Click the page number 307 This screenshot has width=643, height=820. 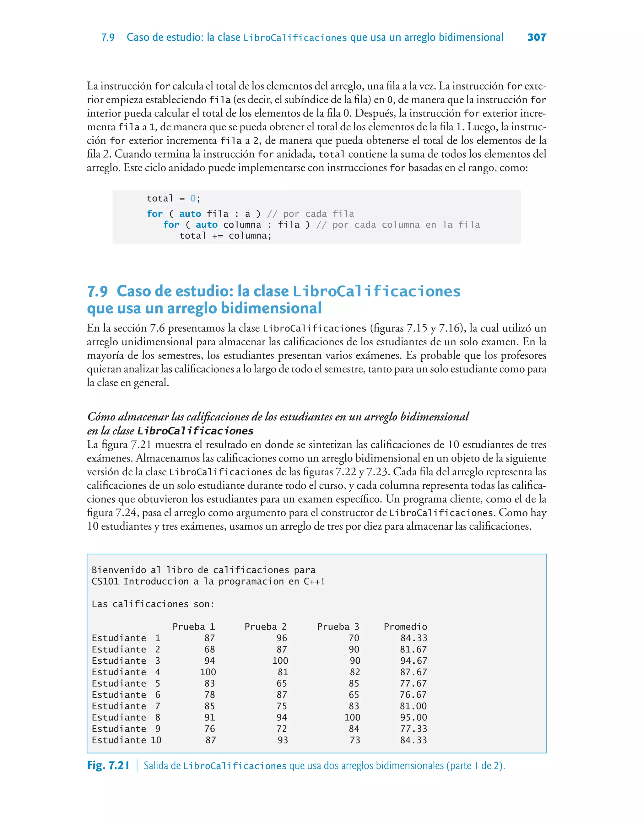(537, 37)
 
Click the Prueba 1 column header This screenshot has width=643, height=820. (193, 627)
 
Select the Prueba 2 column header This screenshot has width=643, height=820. (265, 627)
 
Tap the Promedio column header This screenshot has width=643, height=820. (405, 627)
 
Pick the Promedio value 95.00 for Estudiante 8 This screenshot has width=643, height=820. (413, 717)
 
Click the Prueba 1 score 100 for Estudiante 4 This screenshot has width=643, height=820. (208, 672)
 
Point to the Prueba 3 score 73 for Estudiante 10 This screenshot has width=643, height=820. (355, 740)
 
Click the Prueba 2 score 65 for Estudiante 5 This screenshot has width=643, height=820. (282, 683)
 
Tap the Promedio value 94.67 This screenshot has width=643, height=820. (413, 661)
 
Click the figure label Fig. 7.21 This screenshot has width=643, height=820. (108, 765)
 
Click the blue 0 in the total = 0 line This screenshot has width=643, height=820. (193, 198)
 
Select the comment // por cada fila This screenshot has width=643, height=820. (310, 214)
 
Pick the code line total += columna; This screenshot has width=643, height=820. (225, 235)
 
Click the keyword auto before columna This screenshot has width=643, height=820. (206, 225)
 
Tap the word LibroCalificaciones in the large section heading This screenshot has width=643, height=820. (376, 291)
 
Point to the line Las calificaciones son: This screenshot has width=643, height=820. (153, 604)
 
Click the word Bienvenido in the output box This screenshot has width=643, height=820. (119, 570)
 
